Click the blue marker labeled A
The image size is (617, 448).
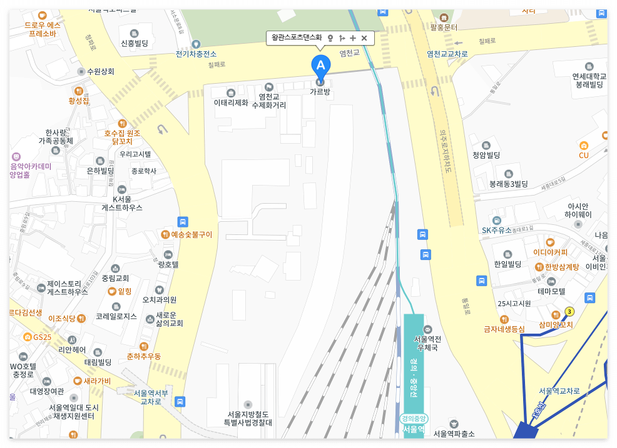[x=320, y=66]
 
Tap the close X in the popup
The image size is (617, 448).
[x=364, y=38]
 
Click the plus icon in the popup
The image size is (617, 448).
[x=353, y=38]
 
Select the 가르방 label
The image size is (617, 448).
[x=320, y=92]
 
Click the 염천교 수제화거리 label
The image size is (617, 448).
[x=269, y=101]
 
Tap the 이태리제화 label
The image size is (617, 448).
[x=231, y=102]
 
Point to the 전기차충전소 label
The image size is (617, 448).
[x=196, y=54]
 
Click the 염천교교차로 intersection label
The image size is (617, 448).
[x=447, y=54]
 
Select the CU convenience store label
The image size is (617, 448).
[x=584, y=155]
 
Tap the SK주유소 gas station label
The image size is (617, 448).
[x=497, y=229]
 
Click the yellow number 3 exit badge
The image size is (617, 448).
[x=569, y=311]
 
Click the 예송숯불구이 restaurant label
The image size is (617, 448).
[x=191, y=235]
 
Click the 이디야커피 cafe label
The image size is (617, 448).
[x=550, y=252]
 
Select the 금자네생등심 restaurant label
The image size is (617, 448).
[x=504, y=329]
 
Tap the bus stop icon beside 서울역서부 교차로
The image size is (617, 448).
[x=180, y=401]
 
